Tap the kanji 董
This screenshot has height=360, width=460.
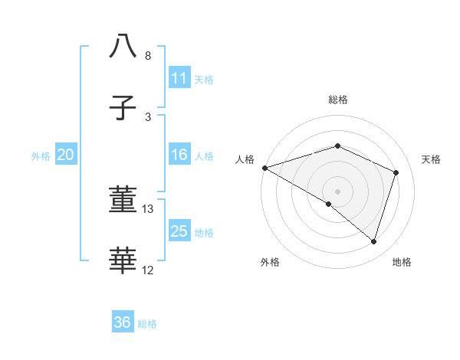coord(123,201)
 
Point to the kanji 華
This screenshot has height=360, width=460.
coord(123,261)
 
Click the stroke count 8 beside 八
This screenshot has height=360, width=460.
coord(147,56)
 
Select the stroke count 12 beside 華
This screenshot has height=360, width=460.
coord(148,270)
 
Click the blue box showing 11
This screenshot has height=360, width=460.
coord(179,78)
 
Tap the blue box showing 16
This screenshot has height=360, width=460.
coord(179,155)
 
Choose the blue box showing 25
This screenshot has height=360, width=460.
coord(179,231)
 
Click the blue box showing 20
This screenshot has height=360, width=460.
coord(65,155)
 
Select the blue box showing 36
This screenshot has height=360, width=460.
coord(123,322)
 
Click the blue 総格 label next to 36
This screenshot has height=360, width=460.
coord(147,324)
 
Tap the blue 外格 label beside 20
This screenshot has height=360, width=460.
coord(41,156)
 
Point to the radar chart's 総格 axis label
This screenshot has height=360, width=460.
coord(337,100)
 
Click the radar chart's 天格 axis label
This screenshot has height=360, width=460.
coord(432,159)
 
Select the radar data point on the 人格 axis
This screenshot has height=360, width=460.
coord(264,168)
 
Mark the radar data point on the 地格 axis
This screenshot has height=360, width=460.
coord(373,241)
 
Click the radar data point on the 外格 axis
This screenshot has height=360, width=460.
coord(329,204)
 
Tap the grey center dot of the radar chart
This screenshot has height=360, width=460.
coord(337,191)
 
